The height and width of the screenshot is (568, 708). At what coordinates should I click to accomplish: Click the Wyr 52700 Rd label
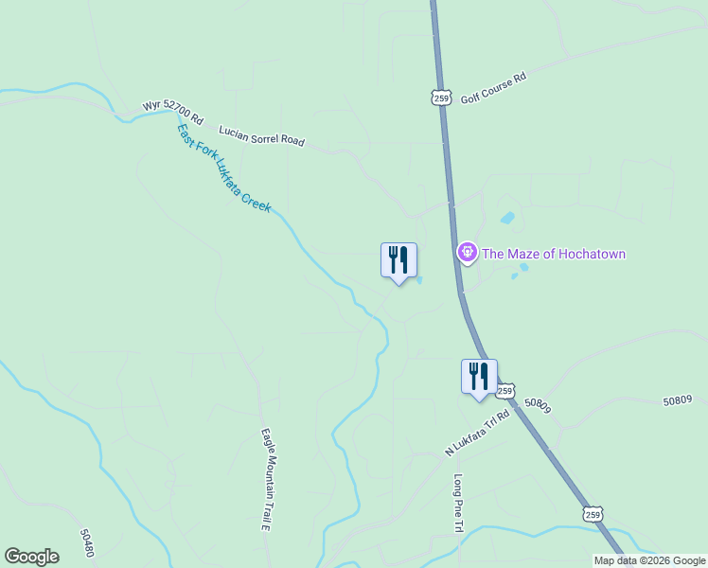[x=172, y=112]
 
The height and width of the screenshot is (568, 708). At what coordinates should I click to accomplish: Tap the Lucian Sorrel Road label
[x=261, y=135]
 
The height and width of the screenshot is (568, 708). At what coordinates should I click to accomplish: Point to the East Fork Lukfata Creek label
[x=224, y=168]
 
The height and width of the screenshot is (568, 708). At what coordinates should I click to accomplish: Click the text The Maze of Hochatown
[x=554, y=254]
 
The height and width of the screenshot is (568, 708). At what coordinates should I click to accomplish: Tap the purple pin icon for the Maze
[x=466, y=253]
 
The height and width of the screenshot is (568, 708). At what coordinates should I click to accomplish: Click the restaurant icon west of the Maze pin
[x=398, y=260]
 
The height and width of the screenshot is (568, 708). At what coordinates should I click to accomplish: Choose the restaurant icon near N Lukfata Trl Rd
[x=479, y=376]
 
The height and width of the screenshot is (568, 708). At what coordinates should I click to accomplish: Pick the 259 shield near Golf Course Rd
[x=439, y=97]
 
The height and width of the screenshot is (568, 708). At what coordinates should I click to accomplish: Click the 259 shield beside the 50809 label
[x=505, y=390]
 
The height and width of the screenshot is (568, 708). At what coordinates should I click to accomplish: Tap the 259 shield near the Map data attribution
[x=592, y=514]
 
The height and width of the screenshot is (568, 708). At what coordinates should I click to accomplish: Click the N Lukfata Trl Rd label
[x=477, y=433]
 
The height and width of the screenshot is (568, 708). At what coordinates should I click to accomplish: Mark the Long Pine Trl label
[x=458, y=502]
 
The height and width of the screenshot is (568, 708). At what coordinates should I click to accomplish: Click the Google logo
[x=31, y=557]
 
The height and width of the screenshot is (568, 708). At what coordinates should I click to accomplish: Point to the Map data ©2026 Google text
[x=650, y=560]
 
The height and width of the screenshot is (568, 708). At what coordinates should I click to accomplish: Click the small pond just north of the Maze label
[x=507, y=218]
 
